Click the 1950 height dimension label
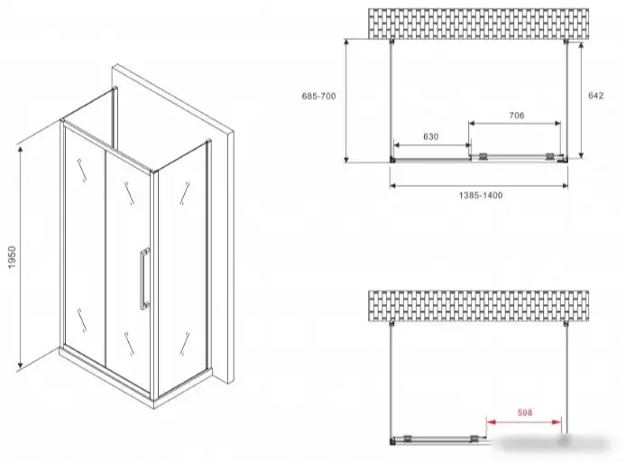point(13,257)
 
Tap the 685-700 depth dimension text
point(318,96)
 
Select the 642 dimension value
point(595,96)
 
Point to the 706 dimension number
point(516,116)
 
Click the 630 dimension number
point(431,136)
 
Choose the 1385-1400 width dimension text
point(481,195)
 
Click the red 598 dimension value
point(525,412)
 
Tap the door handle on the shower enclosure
point(144,279)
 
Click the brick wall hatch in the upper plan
point(478,24)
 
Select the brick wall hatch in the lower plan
point(478,306)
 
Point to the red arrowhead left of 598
point(491,421)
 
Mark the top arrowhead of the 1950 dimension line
point(20,150)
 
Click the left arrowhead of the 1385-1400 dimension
point(394,185)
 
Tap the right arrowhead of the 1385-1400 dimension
point(564,185)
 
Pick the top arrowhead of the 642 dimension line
point(581,45)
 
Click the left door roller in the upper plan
point(483,157)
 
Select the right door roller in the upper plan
point(550,157)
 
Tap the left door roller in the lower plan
point(407,438)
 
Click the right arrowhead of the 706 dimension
point(557,124)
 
